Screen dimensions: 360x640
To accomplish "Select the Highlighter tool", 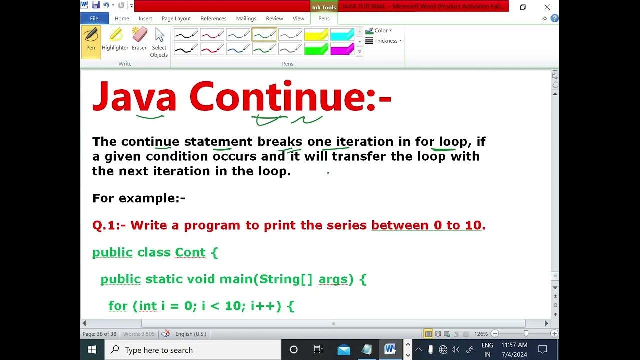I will coord(115,40).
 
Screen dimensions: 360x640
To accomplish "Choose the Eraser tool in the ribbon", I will coord(139,40).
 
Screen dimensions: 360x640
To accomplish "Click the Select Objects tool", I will coord(159,42).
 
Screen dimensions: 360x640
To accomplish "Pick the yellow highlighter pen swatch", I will coord(316,35).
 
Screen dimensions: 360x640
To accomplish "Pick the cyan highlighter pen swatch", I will coord(342,35).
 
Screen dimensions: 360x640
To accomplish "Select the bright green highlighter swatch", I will coord(316,49).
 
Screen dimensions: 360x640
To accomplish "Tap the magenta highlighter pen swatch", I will coord(342,49).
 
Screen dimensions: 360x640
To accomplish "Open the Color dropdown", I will coord(380,30).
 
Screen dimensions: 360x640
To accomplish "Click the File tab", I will coord(94,18).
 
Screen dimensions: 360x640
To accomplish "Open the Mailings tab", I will coord(246,18).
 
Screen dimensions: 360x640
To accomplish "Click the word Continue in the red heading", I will coord(277,97).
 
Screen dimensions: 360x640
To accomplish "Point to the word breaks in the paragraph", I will coord(280,142).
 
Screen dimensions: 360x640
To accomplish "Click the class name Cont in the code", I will coord(190,252).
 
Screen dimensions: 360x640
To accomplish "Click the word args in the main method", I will coord(333,279).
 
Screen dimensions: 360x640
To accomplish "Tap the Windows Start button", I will coord(92,350).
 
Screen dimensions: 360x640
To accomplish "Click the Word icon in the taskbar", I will coord(390,350).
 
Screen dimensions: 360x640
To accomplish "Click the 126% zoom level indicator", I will coord(481,334).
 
